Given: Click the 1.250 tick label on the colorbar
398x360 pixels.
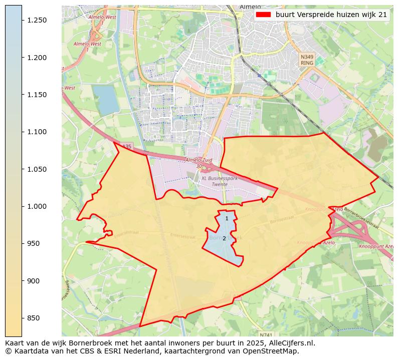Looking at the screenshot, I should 37,20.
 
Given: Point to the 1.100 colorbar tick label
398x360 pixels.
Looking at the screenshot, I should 37,132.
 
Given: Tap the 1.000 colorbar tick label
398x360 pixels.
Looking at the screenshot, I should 37,206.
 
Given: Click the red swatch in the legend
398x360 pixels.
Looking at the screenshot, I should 263,15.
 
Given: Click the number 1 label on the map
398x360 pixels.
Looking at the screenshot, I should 227,218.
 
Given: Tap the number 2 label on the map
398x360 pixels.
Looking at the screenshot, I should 224,238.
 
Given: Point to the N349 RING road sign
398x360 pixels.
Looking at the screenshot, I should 307,60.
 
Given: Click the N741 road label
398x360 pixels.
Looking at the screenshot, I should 267,334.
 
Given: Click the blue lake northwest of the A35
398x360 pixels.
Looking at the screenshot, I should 106,99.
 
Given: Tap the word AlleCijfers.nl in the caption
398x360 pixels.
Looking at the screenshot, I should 293,343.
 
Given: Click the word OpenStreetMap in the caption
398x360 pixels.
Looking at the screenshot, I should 273,351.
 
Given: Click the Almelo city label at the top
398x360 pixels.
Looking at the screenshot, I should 250,7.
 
